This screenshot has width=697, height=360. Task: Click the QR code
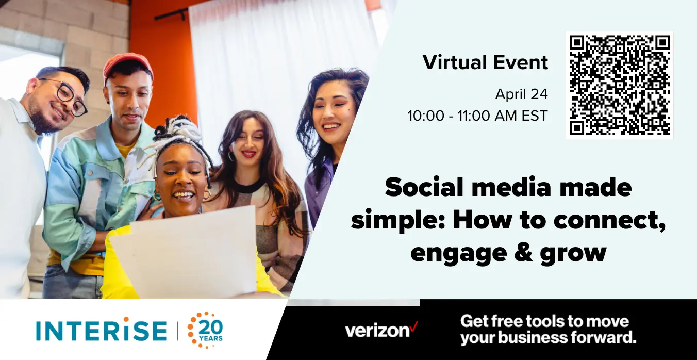tap(620, 85)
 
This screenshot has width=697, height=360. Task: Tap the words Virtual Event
tap(485, 62)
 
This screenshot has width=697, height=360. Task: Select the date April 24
tap(522, 94)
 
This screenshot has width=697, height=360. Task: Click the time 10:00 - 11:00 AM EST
tap(477, 116)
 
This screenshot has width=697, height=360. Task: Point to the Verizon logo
tap(381, 330)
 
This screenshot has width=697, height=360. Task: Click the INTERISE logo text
tap(102, 330)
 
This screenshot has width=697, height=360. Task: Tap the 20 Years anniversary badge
tap(205, 330)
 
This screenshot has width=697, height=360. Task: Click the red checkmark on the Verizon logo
tap(414, 326)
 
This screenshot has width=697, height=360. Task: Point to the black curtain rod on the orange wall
tap(171, 14)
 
